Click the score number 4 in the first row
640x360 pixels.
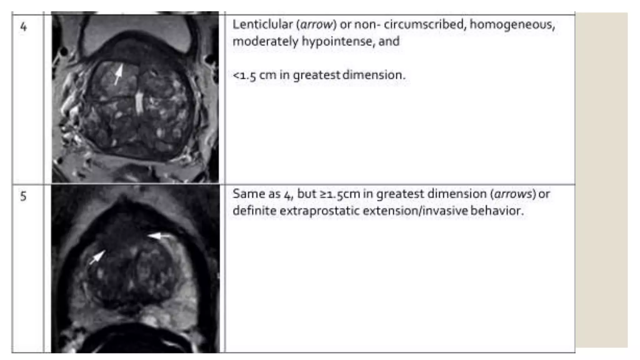(x=23, y=27)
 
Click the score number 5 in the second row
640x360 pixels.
(x=23, y=196)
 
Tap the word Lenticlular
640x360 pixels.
(x=262, y=24)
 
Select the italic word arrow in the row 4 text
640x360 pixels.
(x=316, y=25)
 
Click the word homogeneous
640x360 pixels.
(x=512, y=24)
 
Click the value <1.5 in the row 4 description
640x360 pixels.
(x=245, y=75)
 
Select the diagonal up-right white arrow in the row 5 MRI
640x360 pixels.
(x=97, y=258)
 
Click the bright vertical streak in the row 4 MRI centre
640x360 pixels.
(x=138, y=103)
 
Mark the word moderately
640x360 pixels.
(x=265, y=42)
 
